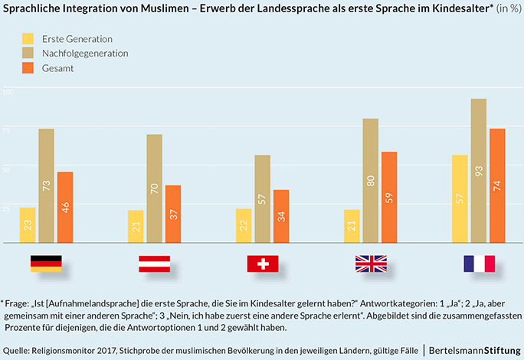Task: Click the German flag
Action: point(46,263)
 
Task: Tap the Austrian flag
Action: point(154,263)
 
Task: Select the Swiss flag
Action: point(263,263)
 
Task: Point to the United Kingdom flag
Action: point(371,263)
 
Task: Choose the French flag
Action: point(479,263)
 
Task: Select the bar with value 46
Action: point(65,208)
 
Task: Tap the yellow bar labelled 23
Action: point(28,225)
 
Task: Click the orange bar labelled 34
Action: point(281,217)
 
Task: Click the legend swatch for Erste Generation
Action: point(29,38)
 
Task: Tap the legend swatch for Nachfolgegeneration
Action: point(29,53)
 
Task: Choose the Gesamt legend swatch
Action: point(29,68)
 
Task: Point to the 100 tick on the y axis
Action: point(8,92)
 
